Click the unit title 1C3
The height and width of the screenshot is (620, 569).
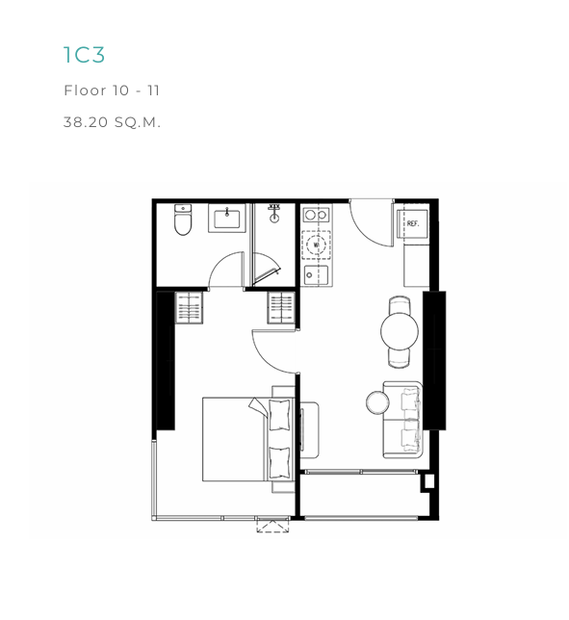[84, 55]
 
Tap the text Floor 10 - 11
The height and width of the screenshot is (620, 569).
[112, 90]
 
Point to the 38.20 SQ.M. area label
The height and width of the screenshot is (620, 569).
[112, 122]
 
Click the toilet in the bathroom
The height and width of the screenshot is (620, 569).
[183, 220]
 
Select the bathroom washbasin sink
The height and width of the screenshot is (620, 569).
[227, 219]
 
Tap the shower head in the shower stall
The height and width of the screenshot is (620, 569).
[273, 214]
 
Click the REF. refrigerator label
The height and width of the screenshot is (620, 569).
[413, 223]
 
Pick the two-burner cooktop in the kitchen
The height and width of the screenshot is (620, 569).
[317, 215]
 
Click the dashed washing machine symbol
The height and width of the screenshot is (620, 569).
[317, 245]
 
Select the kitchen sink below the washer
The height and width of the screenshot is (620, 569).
[317, 275]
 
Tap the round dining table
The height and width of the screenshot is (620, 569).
[400, 331]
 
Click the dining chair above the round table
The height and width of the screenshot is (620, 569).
[400, 305]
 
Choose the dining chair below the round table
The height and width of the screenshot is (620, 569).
[400, 358]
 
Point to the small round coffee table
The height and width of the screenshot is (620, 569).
[377, 402]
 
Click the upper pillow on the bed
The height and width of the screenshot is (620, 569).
[279, 415]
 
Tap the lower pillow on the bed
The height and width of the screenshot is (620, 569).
[279, 463]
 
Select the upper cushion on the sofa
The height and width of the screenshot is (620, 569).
[411, 400]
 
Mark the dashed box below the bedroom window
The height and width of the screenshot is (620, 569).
[272, 527]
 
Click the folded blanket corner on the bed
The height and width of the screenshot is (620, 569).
[257, 406]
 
